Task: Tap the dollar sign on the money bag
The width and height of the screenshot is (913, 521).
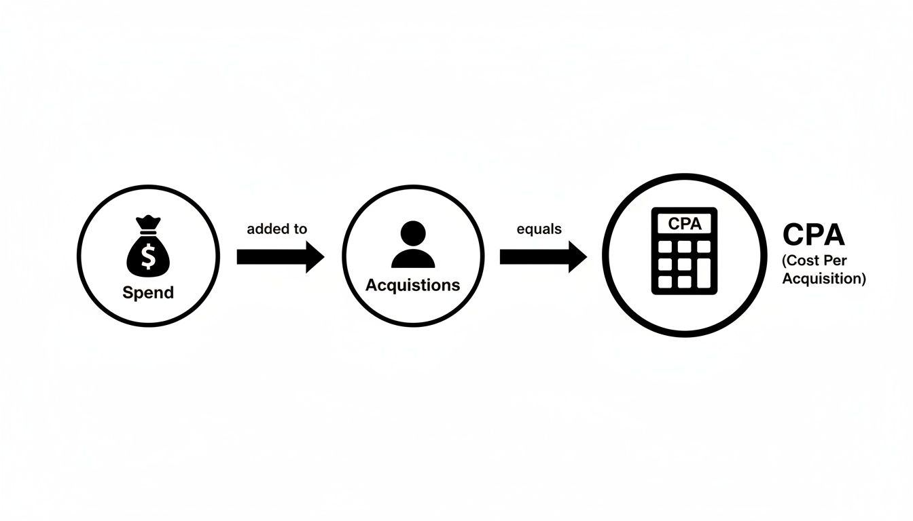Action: pos(148,255)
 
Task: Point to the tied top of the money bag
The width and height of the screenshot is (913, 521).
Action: pos(148,223)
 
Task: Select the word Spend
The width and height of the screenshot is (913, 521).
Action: pos(148,293)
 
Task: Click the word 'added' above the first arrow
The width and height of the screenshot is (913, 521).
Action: pos(267,229)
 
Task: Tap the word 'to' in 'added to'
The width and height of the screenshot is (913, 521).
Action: pos(300,229)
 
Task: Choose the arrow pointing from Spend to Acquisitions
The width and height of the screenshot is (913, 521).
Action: pos(281,256)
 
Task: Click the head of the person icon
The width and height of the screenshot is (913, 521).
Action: pos(413,234)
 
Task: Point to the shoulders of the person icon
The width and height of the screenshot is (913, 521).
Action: pos(413,258)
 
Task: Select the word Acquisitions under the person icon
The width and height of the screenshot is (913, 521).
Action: pos(413,285)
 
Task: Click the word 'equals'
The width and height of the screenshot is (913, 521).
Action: pos(539,229)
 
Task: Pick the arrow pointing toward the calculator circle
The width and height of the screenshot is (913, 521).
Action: pos(543,256)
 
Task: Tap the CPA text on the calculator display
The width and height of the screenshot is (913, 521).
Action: pos(684,223)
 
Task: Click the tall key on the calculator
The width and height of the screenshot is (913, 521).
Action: pos(705,271)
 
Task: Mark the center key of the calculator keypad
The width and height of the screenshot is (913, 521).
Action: pos(685,263)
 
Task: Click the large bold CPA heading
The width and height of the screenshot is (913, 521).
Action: pos(813,235)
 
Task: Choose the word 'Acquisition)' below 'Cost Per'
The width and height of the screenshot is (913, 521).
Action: pos(824,278)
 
